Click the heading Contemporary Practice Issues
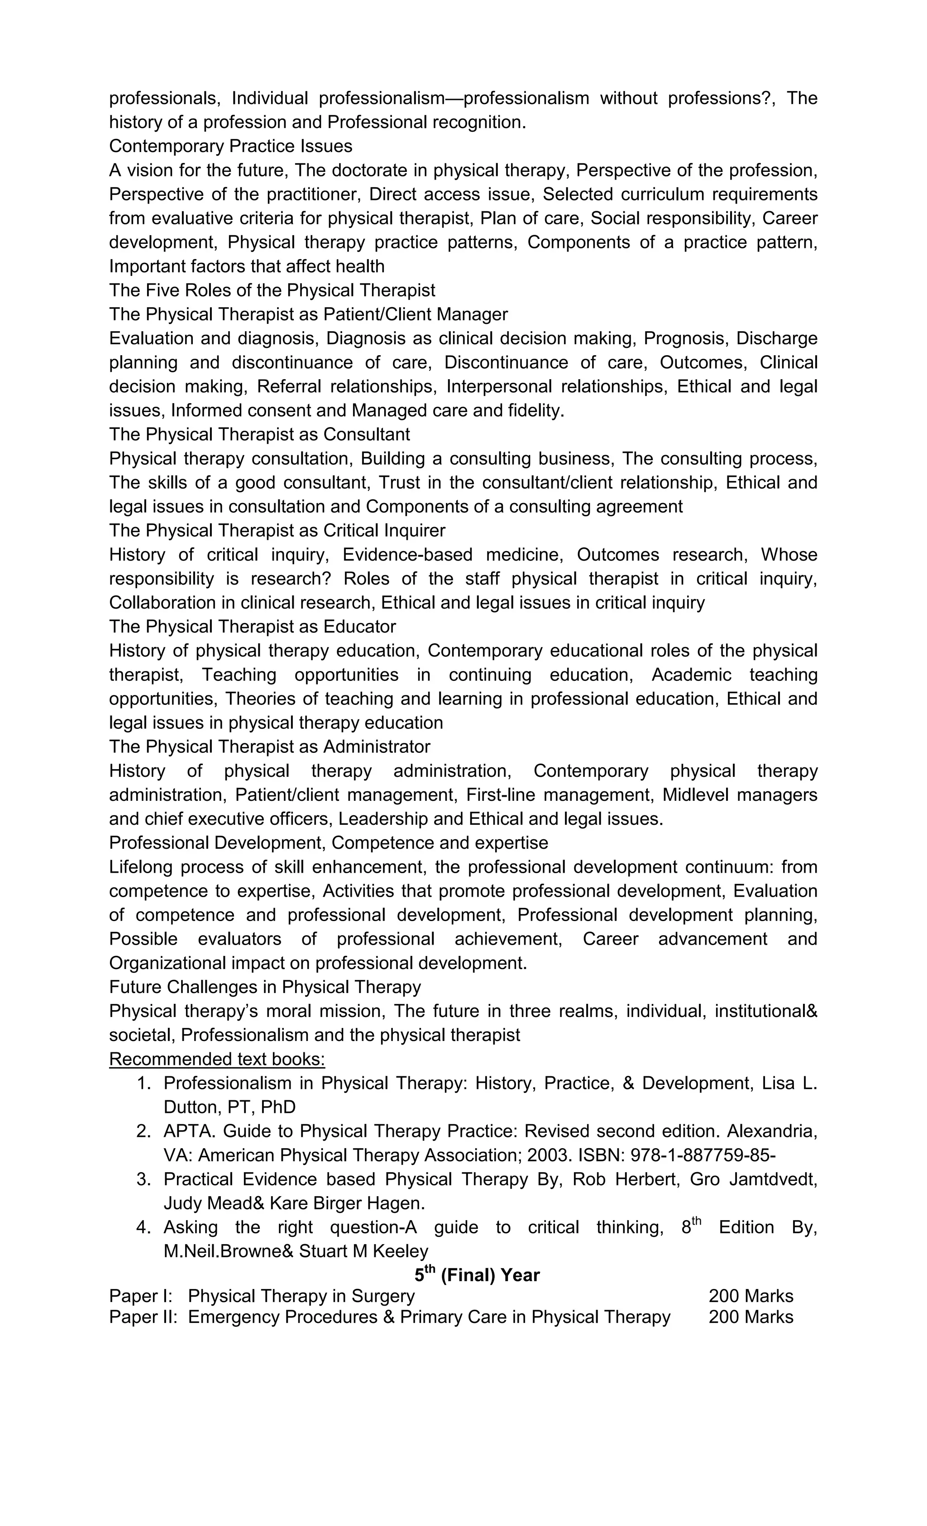pyautogui.click(x=230, y=146)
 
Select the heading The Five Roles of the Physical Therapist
pyautogui.click(x=272, y=290)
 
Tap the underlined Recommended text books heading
pyautogui.click(x=217, y=1059)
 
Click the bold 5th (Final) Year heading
pyautogui.click(x=477, y=1275)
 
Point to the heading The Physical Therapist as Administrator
pyautogui.click(x=270, y=747)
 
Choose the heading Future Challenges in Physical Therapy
pyautogui.click(x=265, y=987)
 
